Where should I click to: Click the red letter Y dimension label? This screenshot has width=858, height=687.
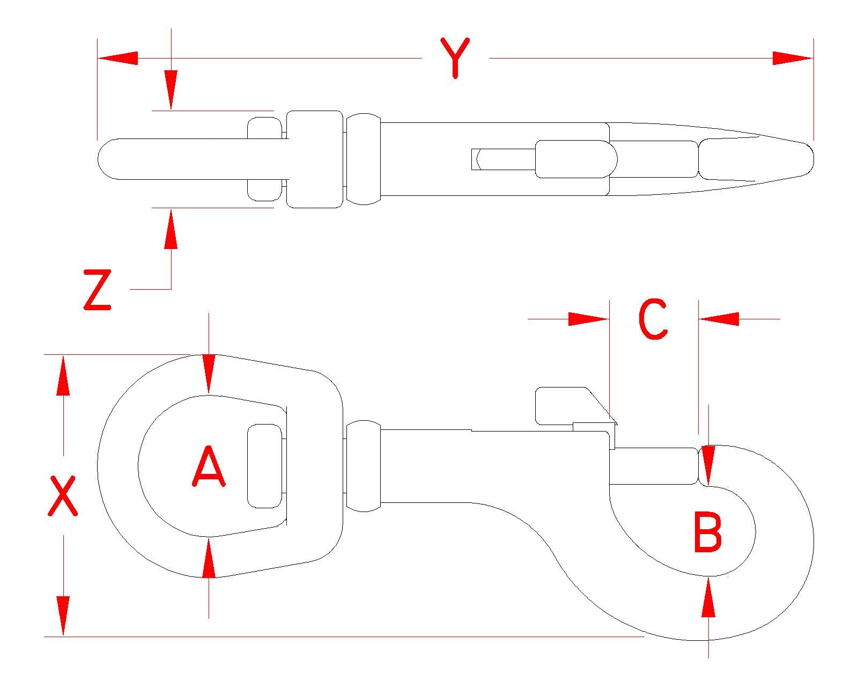click(x=455, y=57)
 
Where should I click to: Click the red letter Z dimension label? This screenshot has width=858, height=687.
click(x=97, y=290)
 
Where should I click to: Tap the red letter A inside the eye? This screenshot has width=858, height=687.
click(x=209, y=467)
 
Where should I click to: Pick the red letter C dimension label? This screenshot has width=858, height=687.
click(x=653, y=319)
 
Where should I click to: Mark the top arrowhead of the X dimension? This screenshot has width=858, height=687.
click(x=63, y=375)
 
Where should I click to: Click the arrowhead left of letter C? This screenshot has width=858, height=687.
click(x=588, y=319)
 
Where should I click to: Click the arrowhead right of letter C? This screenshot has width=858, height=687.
click(x=719, y=319)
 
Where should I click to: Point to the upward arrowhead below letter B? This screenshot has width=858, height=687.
click(x=708, y=597)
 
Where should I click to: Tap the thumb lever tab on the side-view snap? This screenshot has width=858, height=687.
click(x=563, y=404)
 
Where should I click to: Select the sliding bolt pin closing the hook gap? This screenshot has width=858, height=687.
click(x=654, y=466)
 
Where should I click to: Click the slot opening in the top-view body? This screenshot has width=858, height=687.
click(x=503, y=159)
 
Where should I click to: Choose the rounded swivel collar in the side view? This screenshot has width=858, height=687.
click(x=364, y=466)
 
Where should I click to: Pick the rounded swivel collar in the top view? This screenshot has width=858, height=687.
click(x=364, y=159)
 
